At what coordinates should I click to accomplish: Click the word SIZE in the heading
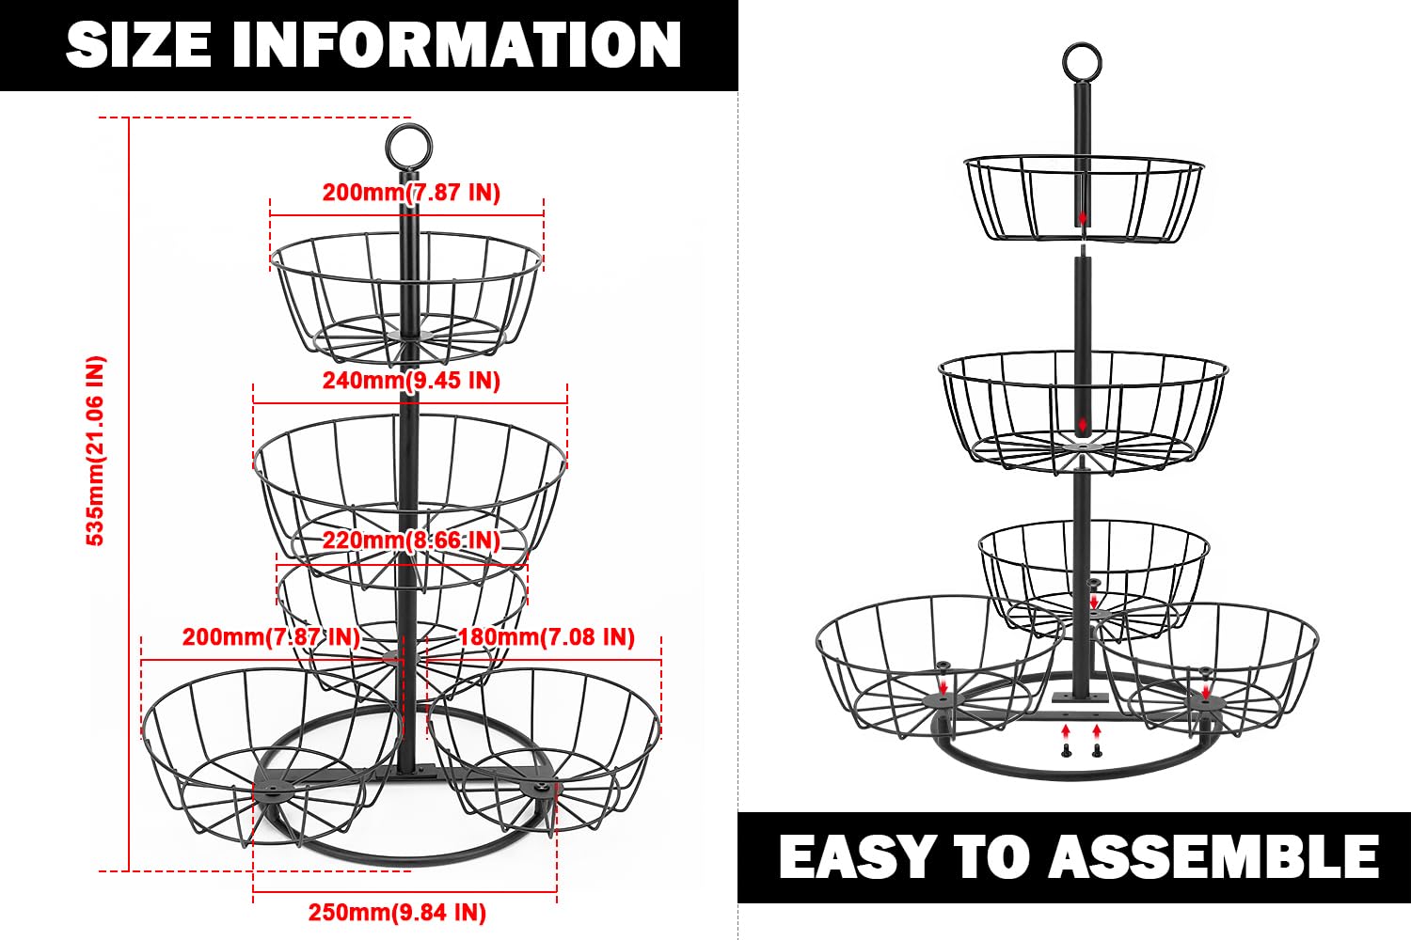[138, 44]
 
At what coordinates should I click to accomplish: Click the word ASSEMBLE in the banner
[1213, 856]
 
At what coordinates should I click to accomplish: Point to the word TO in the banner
[991, 856]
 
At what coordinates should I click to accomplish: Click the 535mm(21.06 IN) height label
[96, 451]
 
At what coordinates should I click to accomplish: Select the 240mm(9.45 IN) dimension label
[411, 381]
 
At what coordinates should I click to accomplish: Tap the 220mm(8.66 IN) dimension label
[411, 540]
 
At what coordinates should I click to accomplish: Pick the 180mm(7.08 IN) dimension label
[547, 637]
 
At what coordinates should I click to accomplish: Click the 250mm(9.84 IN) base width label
[397, 913]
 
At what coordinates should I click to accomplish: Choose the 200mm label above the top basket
[411, 192]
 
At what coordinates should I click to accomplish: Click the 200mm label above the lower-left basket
[271, 637]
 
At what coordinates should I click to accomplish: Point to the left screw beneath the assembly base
[1065, 750]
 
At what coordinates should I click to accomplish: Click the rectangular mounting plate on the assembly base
[1081, 697]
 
